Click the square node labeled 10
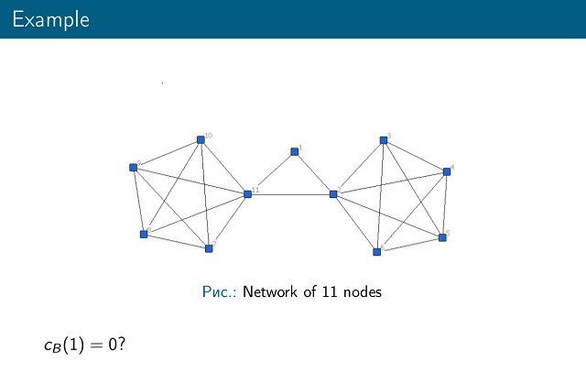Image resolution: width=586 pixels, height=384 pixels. click(x=201, y=140)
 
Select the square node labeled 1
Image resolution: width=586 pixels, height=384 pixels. click(x=295, y=151)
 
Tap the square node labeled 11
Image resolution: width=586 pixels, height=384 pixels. click(x=247, y=193)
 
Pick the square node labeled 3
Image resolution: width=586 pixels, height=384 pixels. click(x=384, y=140)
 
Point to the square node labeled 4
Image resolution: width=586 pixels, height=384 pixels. click(x=447, y=171)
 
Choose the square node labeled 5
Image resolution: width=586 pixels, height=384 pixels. click(x=442, y=237)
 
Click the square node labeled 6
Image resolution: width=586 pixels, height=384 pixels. click(x=376, y=251)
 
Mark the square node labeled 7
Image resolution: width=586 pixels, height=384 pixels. click(x=209, y=248)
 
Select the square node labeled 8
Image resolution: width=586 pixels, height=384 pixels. click(x=144, y=234)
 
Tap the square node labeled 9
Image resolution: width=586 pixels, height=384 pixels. click(x=134, y=167)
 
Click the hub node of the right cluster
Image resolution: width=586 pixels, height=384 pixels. click(x=333, y=193)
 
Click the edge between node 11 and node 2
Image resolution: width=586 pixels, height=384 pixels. click(x=290, y=193)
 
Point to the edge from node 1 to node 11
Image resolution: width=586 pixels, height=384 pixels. click(x=271, y=172)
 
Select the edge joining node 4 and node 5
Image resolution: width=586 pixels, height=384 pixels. click(x=445, y=204)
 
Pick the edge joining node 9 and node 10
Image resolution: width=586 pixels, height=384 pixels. click(x=167, y=154)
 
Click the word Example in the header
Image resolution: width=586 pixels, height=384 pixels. click(x=51, y=19)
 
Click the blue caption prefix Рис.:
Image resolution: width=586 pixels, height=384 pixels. click(x=220, y=292)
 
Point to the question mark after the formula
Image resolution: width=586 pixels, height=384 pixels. click(x=120, y=345)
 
